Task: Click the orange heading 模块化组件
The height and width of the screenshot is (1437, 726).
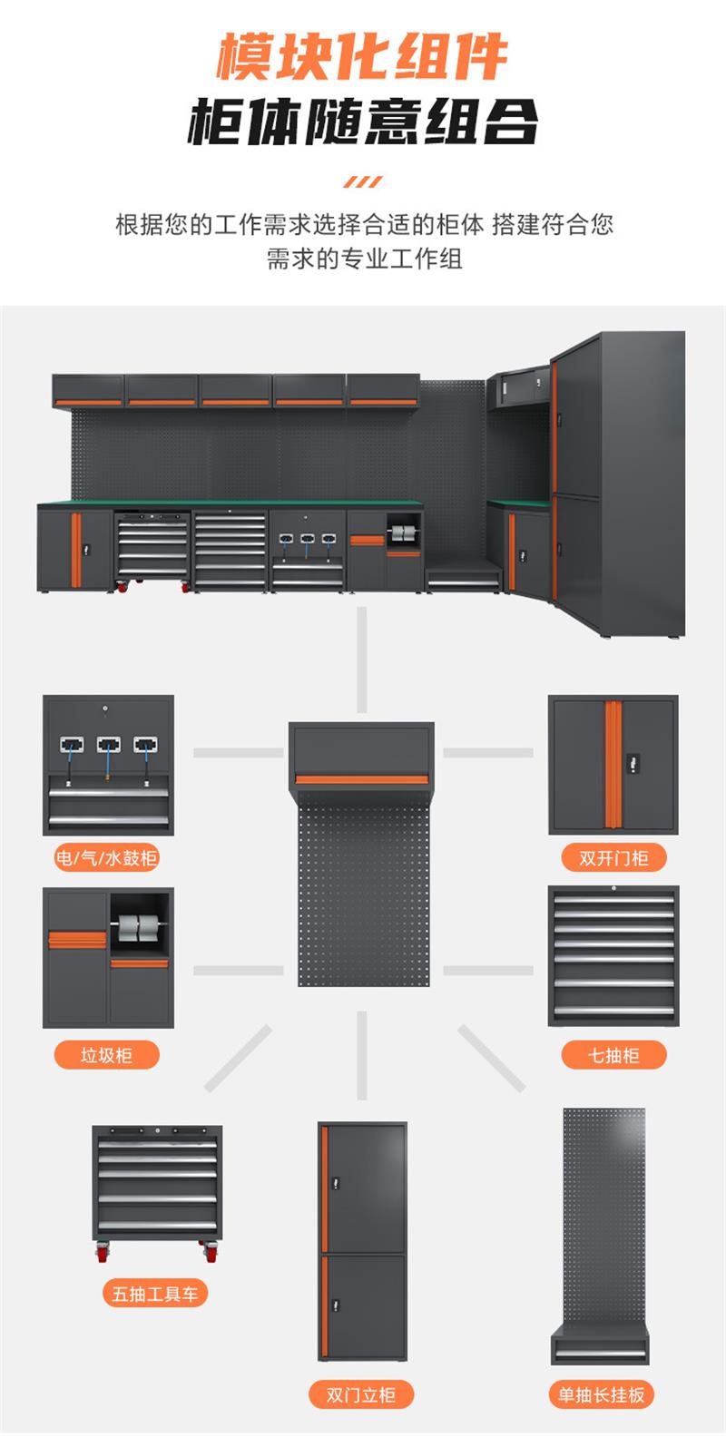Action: tap(362, 58)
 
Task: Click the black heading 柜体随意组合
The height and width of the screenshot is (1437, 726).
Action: tap(362, 122)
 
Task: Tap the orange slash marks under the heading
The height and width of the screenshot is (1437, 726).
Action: tap(362, 182)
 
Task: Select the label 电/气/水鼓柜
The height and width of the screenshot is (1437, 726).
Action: tap(106, 857)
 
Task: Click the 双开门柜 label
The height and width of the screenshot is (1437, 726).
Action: tap(613, 857)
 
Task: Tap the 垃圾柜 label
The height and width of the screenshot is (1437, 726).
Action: tap(106, 1055)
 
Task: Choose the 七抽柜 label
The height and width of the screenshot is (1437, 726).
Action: tap(613, 1055)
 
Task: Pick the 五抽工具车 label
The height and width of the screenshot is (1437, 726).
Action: tap(154, 1294)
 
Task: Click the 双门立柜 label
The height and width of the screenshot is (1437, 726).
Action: tap(361, 1395)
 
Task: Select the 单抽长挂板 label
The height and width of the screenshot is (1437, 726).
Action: tap(601, 1395)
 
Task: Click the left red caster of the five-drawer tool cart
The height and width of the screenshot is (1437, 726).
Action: tap(102, 1253)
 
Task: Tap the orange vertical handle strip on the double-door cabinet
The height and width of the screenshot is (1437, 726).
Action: tap(613, 765)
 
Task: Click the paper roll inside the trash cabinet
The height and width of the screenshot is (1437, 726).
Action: tap(139, 929)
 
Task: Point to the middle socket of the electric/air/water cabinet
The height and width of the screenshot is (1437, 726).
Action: tap(108, 746)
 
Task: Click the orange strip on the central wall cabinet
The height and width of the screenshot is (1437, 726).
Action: tap(361, 779)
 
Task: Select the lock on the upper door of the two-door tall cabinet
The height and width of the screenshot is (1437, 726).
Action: tap(336, 1183)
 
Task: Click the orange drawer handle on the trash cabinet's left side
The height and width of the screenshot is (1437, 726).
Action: tap(77, 940)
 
